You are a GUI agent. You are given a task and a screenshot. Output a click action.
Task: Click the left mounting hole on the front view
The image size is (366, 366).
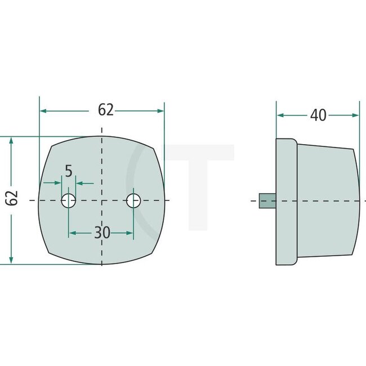tap(69, 200)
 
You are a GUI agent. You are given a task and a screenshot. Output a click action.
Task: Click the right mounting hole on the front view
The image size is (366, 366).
tap(133, 200)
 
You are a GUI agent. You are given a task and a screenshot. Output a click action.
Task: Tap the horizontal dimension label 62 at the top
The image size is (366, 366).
tap(106, 110)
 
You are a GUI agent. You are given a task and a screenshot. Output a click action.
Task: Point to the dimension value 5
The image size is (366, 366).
tap(69, 171)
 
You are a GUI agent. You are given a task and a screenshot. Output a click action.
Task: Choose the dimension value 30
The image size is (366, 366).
tap(102, 233)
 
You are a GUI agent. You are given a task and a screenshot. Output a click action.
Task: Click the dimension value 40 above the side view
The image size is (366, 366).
tap(318, 115)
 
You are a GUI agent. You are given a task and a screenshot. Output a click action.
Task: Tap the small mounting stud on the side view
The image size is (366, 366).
tap(267, 201)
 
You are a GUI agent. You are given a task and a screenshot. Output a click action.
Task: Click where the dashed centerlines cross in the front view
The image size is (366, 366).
tap(101, 200)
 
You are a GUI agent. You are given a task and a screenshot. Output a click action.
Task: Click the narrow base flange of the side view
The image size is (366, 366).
tap(286, 201)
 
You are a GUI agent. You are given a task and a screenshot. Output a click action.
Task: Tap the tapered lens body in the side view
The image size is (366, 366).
tap(327, 201)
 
